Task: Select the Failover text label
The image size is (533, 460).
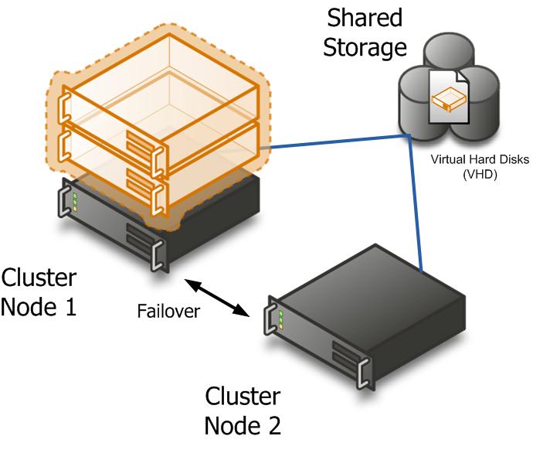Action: click(168, 312)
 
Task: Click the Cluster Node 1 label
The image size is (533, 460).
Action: click(39, 291)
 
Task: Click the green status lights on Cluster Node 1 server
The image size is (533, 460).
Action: click(75, 203)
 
